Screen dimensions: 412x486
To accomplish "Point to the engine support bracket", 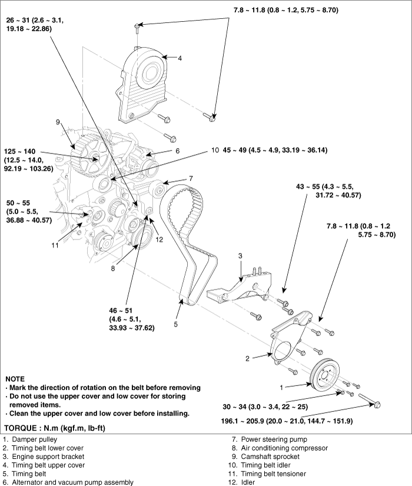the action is pyautogui.click(x=240, y=285).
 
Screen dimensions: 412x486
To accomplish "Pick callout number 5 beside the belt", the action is pyautogui.click(x=176, y=325).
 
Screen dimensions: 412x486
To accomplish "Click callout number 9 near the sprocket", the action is pyautogui.click(x=58, y=122).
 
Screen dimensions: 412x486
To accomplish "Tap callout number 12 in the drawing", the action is pyautogui.click(x=159, y=239).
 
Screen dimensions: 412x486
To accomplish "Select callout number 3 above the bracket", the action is pyautogui.click(x=240, y=256).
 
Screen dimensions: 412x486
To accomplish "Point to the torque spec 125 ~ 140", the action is pyautogui.click(x=20, y=152).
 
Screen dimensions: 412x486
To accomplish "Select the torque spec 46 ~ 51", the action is pyautogui.click(x=121, y=311).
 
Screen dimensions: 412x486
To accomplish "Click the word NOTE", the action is pyautogui.click(x=15, y=379).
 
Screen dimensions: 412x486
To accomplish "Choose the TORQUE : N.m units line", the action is pyautogui.click(x=55, y=428).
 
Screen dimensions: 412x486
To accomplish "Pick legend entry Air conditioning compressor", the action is pyautogui.click(x=280, y=448).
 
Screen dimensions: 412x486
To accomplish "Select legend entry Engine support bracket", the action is pyautogui.click(x=44, y=457).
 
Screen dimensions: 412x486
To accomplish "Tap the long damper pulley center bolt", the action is pyautogui.click(x=370, y=400).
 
